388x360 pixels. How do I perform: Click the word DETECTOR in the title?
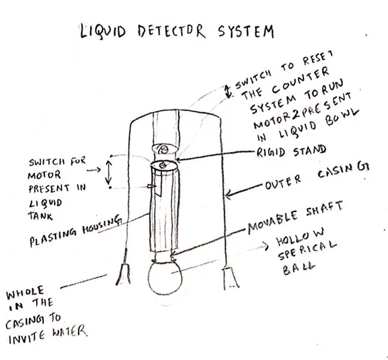172,32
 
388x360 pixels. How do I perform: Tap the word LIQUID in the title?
103,31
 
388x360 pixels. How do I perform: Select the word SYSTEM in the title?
246,31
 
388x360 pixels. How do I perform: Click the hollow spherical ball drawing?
165,277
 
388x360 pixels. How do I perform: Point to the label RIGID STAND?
291,151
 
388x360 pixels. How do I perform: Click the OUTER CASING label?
317,176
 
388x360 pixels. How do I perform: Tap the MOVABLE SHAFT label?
296,218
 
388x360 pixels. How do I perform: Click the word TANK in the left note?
40,216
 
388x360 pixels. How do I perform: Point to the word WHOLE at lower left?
25,292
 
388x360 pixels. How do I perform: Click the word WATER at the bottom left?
70,331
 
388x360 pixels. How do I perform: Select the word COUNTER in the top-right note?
300,79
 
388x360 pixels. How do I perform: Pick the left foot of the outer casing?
123,274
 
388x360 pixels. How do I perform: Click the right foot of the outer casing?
231,278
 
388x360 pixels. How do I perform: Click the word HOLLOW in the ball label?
300,237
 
